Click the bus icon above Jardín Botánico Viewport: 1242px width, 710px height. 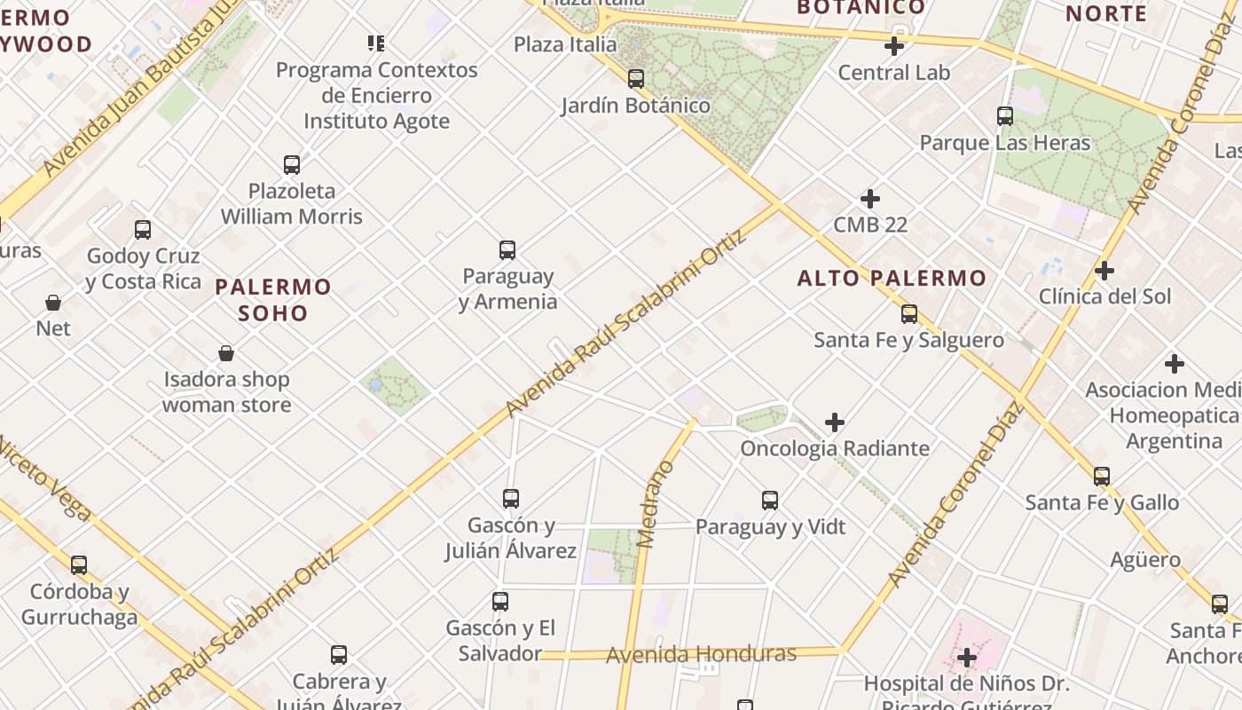[636, 79]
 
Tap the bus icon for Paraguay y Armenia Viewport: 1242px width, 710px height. [507, 250]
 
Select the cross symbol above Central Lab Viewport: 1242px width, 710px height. [894, 46]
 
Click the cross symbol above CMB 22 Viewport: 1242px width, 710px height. [870, 199]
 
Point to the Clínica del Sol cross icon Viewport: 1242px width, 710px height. [1104, 271]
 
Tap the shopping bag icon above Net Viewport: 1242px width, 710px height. [53, 303]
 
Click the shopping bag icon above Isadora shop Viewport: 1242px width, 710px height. [226, 353]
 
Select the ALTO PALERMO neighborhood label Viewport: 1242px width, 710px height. [892, 279]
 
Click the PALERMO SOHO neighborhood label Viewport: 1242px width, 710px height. [273, 300]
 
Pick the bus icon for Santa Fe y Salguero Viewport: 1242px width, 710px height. [909, 313]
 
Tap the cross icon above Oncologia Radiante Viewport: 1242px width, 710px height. [835, 422]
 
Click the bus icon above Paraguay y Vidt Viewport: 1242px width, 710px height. [770, 501]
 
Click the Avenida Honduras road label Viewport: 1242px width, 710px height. [701, 655]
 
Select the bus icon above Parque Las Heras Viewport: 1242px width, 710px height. [1005, 116]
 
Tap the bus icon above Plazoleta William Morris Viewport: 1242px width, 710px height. [292, 165]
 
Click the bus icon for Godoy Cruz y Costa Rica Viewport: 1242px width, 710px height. [143, 230]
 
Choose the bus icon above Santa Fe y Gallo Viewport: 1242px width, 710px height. [1102, 477]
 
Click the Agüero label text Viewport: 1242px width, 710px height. [1145, 560]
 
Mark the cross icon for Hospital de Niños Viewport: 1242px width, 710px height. [967, 658]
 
